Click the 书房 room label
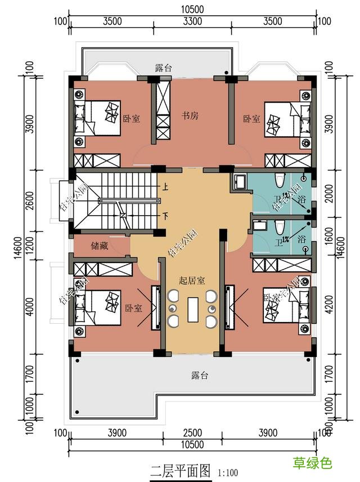tap(190, 116)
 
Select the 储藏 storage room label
tap(99, 246)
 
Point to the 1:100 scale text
tap(227, 471)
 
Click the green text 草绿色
tap(312, 463)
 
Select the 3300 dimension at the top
tap(192, 22)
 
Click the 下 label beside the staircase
tap(165, 216)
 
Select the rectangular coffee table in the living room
tap(192, 310)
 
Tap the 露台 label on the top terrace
tap(164, 68)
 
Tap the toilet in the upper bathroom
tap(278, 182)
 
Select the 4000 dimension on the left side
tap(30, 307)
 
